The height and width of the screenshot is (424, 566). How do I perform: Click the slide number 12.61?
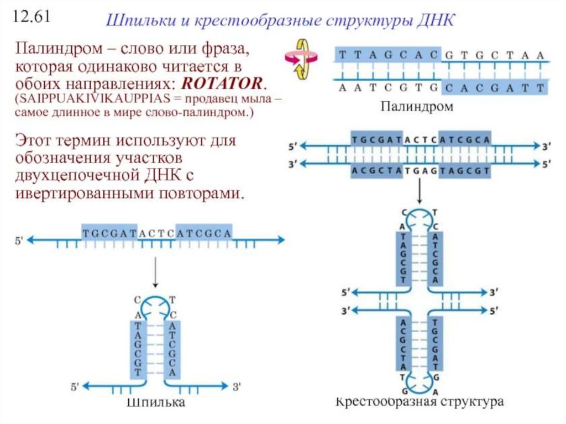(x=32, y=17)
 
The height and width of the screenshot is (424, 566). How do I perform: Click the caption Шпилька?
(x=156, y=402)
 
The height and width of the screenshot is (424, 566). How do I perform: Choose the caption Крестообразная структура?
(x=420, y=401)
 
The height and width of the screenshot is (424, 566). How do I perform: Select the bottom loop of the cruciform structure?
(x=420, y=381)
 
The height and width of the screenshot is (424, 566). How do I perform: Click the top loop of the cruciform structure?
(x=420, y=216)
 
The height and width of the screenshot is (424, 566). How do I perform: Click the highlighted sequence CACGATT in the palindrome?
(x=495, y=87)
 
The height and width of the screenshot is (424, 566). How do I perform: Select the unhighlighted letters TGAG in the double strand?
(x=420, y=171)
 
